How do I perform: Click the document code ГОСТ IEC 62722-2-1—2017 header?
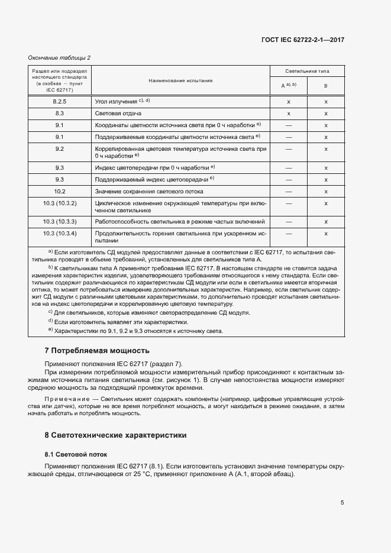point(302,39)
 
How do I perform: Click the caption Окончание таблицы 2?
point(60,57)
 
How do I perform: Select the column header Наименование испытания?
point(181,81)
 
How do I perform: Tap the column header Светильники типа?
point(307,71)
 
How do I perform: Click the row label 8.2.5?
point(60,102)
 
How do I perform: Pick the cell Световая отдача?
point(118,113)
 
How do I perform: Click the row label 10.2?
point(60,192)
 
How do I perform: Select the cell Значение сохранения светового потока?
point(149,192)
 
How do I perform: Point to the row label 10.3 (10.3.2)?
point(60,203)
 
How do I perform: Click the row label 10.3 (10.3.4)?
point(60,234)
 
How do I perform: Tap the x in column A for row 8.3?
point(289,113)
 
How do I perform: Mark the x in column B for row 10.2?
point(326,192)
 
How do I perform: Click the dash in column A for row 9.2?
point(289,148)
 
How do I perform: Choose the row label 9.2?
point(60,148)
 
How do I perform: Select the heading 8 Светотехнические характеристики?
point(116,435)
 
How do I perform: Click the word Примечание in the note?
point(65,400)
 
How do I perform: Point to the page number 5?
point(342,503)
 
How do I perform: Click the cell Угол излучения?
point(117,102)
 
